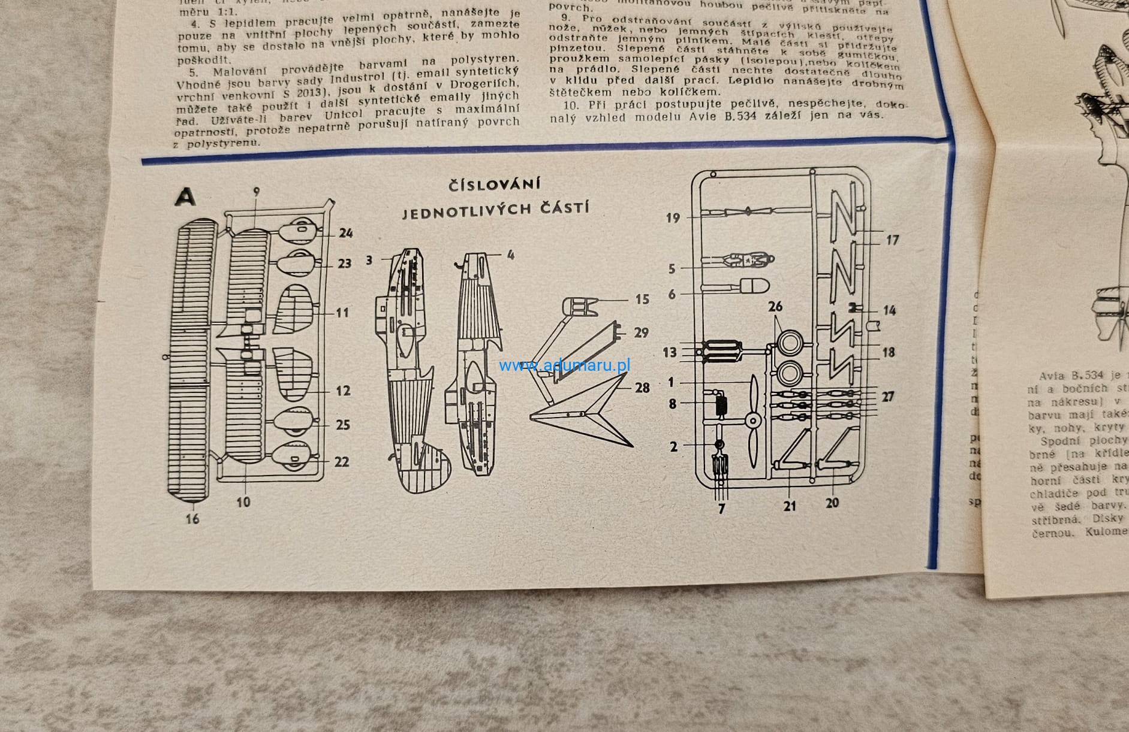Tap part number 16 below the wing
click(192, 519)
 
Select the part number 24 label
click(345, 233)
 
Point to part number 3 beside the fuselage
click(369, 260)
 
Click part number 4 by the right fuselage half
click(510, 255)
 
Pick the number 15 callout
click(642, 299)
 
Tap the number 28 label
click(642, 388)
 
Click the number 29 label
click(641, 332)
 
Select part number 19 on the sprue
click(673, 218)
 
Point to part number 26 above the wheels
click(775, 307)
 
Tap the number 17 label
click(892, 240)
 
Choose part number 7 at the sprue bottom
click(721, 509)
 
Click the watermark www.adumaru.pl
click(564, 365)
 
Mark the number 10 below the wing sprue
click(243, 502)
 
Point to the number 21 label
click(790, 506)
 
